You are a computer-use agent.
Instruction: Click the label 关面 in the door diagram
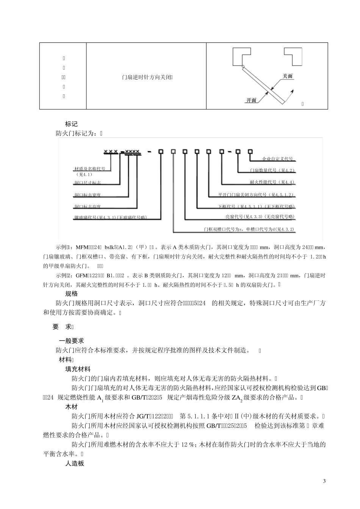point(288,76)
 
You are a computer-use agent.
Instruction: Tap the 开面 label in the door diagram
point(251,100)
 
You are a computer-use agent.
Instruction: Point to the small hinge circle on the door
point(243,67)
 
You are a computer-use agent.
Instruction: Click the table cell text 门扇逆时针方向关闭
point(146,77)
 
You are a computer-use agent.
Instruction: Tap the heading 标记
point(71,124)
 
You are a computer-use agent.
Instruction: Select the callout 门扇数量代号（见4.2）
point(272,170)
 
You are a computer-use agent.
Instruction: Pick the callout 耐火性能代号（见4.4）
point(272,182)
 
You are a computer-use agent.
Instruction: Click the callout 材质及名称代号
point(90,169)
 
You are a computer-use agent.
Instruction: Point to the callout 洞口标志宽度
point(88,195)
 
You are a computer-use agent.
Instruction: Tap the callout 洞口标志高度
point(88,207)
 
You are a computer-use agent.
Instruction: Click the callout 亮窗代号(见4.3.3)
point(260,217)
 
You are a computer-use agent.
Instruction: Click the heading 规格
point(71,294)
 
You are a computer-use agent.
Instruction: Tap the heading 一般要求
point(71,340)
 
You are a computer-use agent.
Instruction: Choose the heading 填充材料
point(78,369)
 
